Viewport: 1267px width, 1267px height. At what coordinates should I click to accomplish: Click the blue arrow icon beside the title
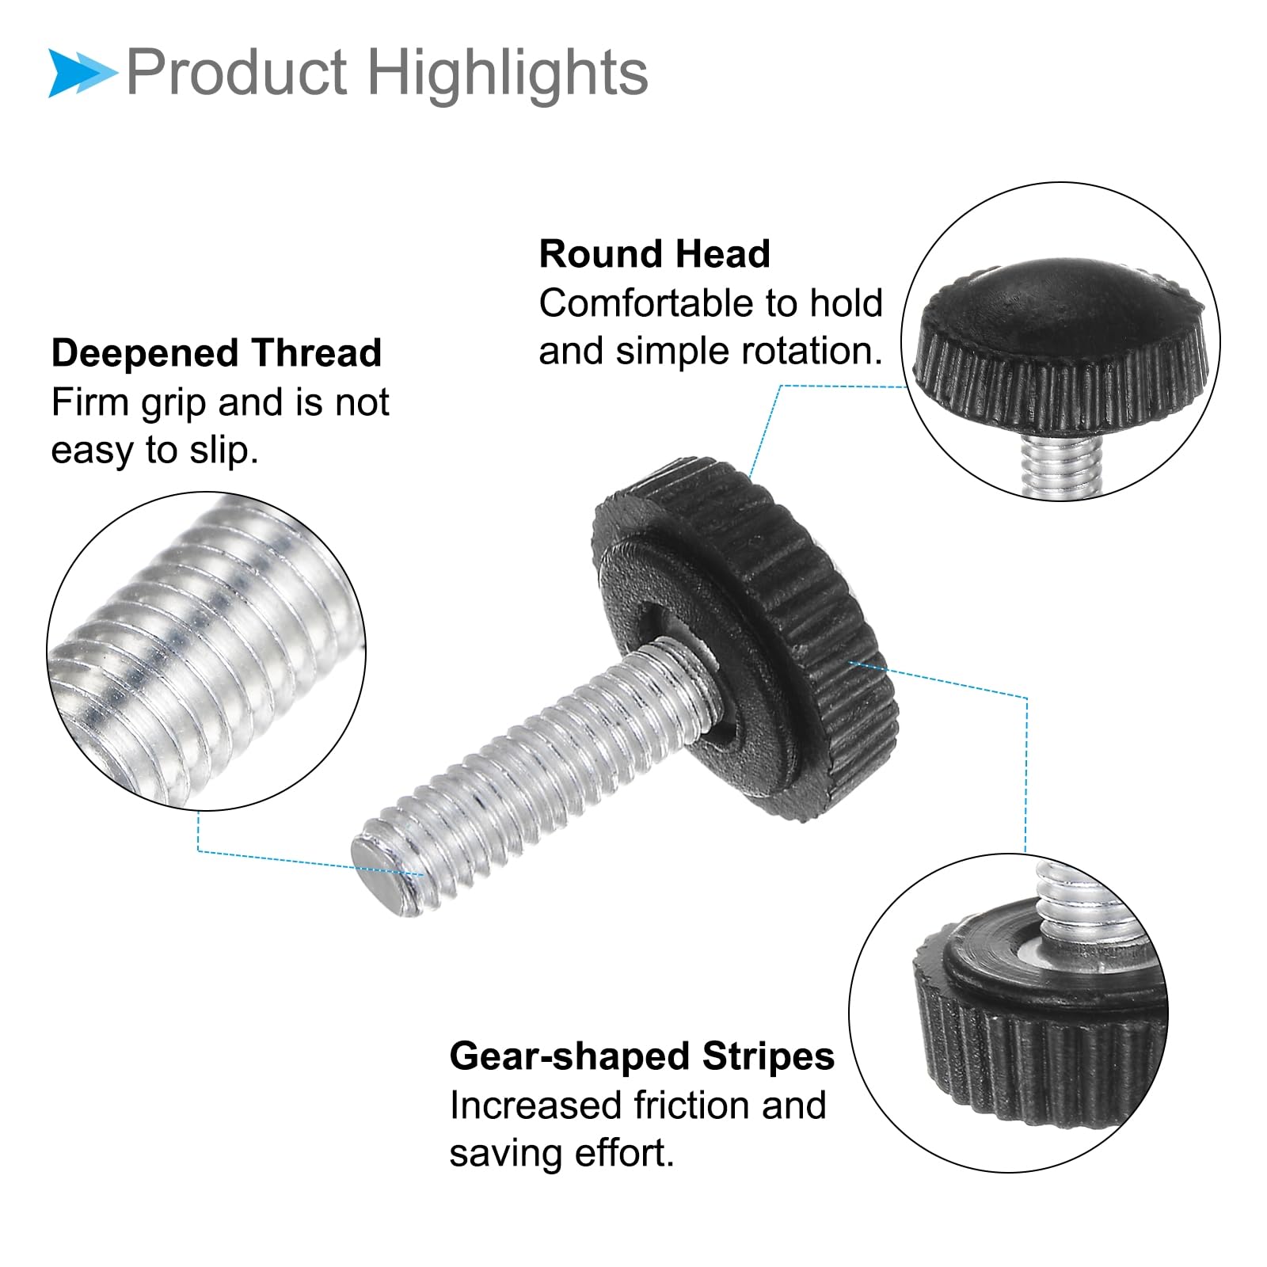[82, 74]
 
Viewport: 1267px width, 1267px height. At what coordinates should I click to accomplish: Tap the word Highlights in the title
[508, 73]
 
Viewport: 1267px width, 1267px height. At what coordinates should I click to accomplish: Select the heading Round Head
[654, 254]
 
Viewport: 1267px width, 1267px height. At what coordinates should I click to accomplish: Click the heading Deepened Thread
[216, 353]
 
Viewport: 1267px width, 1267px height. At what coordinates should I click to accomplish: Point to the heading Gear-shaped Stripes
[641, 1056]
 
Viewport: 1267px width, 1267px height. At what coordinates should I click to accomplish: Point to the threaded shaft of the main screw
[538, 768]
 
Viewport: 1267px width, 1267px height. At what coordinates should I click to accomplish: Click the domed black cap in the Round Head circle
[1061, 344]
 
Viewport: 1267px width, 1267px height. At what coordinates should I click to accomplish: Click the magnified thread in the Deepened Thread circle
[206, 649]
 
